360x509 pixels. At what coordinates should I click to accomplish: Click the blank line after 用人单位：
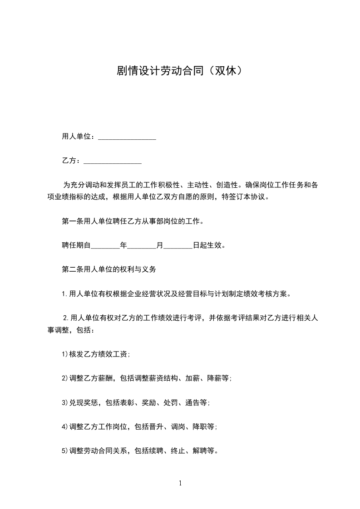(127, 137)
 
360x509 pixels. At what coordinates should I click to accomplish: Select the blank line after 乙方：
(113, 161)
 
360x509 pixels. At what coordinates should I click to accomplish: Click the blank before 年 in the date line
(105, 246)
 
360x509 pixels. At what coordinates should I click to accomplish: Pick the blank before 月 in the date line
(142, 246)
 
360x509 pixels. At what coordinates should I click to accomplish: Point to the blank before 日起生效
(178, 246)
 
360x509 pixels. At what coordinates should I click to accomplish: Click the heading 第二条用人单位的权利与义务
(109, 269)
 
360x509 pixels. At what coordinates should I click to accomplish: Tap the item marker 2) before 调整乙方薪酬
(65, 378)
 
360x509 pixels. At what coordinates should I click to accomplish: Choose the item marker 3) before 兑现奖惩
(65, 402)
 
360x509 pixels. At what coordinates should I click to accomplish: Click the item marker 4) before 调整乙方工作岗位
(65, 427)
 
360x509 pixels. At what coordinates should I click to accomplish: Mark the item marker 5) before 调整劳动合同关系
(65, 451)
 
